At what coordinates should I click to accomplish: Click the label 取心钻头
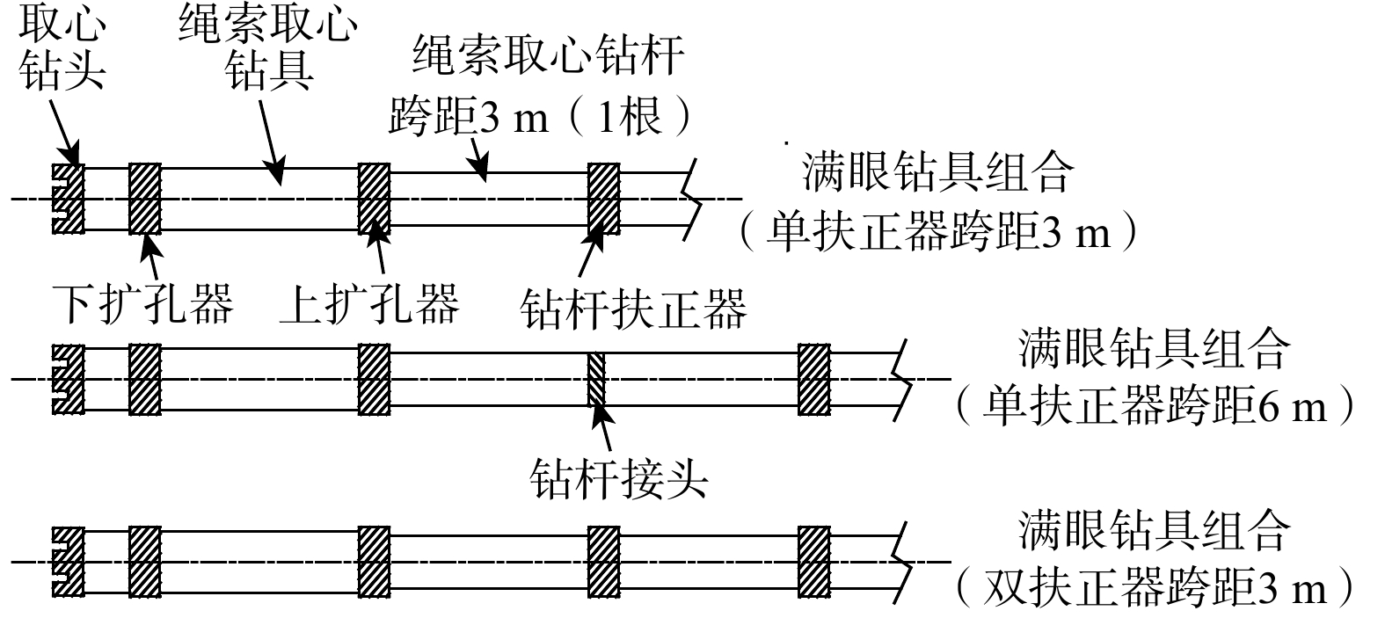click(x=61, y=48)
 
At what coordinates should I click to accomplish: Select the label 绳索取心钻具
click(x=267, y=49)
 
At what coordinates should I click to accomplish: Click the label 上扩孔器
click(x=369, y=303)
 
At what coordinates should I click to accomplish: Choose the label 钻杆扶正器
click(x=632, y=307)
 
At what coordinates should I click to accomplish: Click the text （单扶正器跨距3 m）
click(x=937, y=234)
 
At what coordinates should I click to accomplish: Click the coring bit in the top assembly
click(x=67, y=199)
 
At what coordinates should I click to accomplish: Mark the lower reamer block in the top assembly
click(x=144, y=199)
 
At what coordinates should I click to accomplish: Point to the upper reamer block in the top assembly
click(x=375, y=199)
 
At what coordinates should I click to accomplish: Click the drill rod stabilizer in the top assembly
click(x=603, y=199)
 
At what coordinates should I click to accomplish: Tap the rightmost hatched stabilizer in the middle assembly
click(x=814, y=379)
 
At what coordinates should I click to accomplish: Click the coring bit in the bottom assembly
click(x=67, y=561)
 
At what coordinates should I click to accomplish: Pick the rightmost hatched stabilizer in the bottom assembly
click(x=814, y=561)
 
